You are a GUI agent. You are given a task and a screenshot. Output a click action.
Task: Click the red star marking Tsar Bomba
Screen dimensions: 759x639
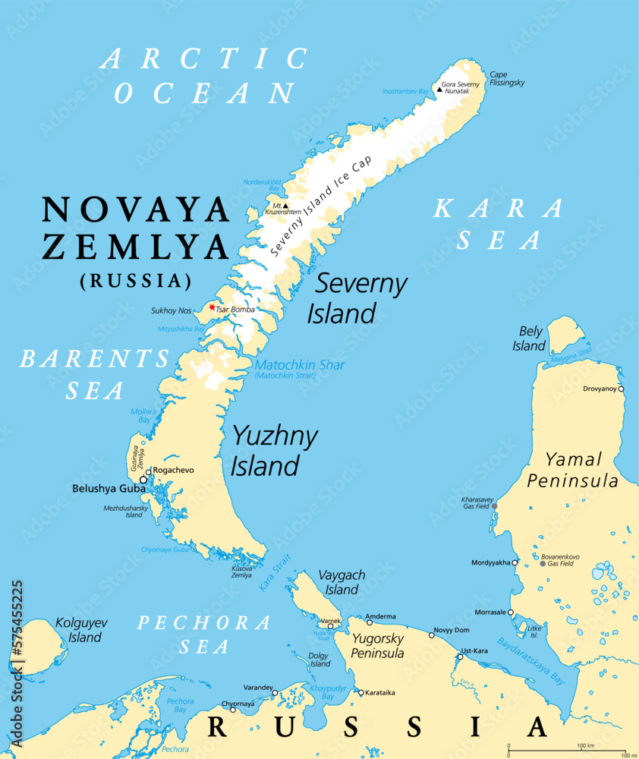[212, 307]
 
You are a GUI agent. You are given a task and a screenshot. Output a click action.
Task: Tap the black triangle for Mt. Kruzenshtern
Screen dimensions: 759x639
[285, 205]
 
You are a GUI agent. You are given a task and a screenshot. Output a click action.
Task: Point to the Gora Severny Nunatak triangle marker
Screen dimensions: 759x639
[439, 90]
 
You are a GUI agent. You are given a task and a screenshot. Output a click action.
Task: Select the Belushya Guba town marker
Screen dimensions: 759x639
[143, 480]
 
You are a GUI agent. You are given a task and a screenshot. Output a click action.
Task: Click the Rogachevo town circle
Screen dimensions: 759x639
[149, 471]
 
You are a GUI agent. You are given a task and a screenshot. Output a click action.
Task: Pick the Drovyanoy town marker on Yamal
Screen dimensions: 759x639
[621, 389]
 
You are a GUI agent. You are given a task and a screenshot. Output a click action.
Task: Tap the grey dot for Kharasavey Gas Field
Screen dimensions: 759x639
[495, 506]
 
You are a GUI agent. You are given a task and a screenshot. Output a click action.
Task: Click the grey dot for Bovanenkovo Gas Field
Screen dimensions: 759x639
[543, 563]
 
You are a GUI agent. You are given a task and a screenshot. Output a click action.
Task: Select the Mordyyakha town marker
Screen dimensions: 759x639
[515, 563]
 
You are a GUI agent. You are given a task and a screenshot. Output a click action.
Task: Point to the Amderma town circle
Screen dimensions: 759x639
[370, 622]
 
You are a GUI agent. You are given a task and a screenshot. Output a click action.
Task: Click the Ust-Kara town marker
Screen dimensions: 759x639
[460, 657]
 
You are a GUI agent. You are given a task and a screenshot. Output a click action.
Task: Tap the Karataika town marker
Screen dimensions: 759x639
[360, 692]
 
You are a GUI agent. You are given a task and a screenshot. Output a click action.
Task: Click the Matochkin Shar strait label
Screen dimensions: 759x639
[300, 365]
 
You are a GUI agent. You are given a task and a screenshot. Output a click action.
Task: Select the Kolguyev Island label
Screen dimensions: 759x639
[81, 630]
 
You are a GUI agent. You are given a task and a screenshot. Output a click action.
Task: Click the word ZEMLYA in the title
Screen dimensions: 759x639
[136, 247]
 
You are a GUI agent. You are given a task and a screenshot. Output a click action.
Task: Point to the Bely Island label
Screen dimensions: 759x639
[531, 339]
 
